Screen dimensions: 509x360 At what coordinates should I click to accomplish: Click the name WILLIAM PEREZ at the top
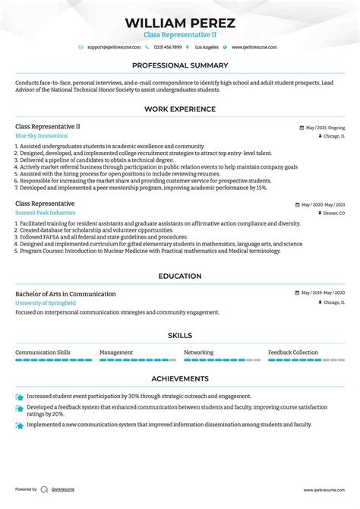180,23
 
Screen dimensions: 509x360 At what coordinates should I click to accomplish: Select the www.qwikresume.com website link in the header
254,47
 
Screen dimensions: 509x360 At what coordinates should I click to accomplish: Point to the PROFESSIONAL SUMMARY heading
180,65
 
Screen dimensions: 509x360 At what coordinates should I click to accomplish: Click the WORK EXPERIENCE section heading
180,109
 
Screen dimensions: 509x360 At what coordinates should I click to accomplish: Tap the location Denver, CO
332,213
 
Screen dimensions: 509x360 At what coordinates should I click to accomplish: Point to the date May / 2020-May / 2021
323,205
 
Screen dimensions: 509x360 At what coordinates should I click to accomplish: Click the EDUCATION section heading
180,277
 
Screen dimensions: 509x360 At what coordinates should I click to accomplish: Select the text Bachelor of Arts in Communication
65,294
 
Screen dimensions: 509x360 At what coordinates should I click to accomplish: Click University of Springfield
46,303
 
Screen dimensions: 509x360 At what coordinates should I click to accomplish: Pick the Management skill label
116,353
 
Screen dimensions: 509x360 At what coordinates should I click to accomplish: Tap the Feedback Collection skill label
293,353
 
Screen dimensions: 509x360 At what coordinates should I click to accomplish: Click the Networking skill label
199,353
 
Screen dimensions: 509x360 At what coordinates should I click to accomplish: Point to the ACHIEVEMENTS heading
180,378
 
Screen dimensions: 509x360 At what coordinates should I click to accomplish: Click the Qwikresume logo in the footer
45,490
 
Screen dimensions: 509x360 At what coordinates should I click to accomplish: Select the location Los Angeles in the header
205,47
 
